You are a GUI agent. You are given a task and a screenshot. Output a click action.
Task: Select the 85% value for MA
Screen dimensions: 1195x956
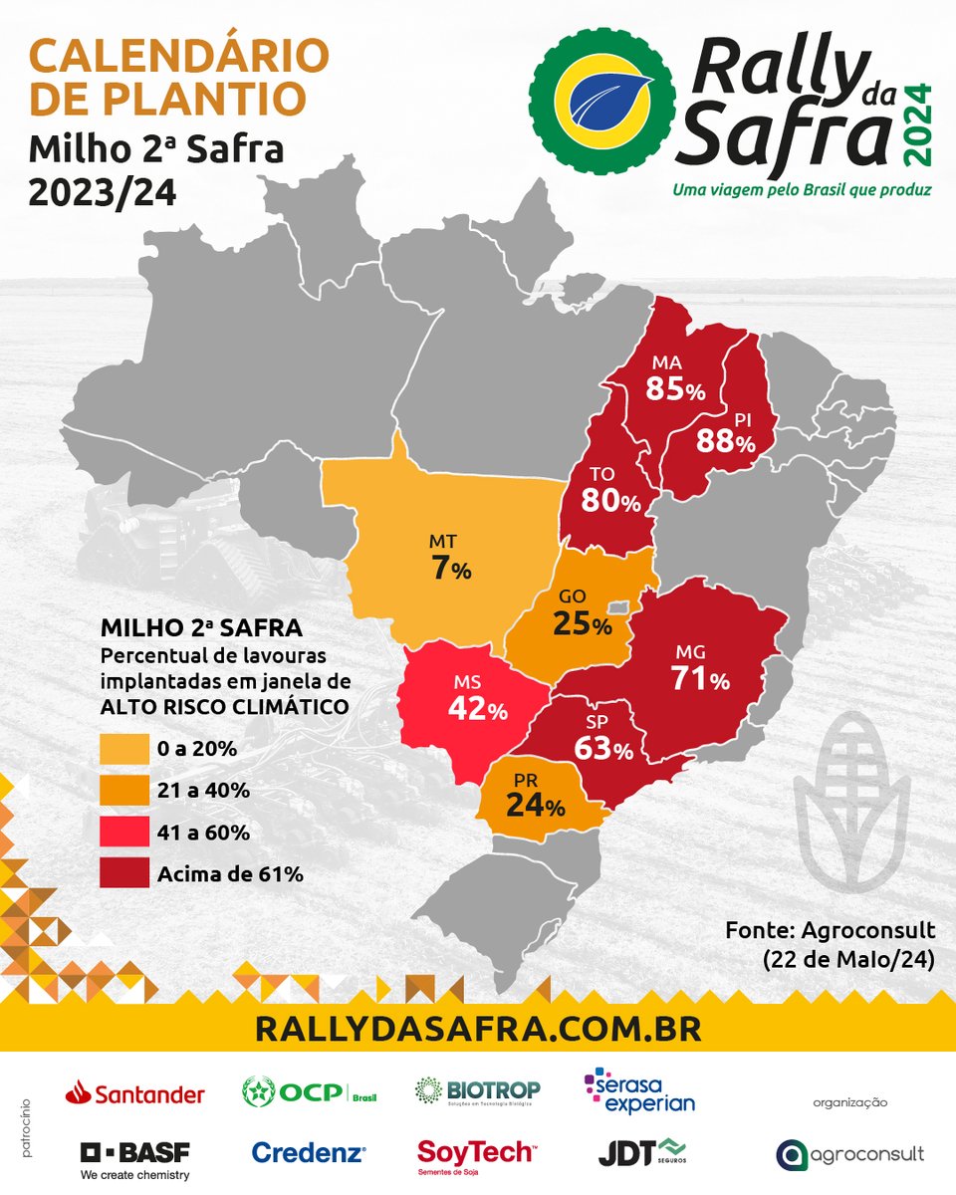[x=674, y=389]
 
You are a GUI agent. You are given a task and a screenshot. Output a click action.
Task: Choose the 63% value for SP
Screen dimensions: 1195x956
[x=602, y=748]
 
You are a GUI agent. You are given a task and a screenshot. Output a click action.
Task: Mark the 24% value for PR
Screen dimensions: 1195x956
[x=535, y=807]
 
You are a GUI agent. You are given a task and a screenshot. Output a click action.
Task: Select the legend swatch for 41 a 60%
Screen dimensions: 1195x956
[x=122, y=833]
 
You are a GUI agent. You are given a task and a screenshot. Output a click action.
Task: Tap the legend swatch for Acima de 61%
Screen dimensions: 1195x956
[x=122, y=874]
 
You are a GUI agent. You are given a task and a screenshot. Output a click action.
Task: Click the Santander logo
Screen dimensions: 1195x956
[x=135, y=1094]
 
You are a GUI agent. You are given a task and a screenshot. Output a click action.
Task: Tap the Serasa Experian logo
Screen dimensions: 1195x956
[x=639, y=1091]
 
